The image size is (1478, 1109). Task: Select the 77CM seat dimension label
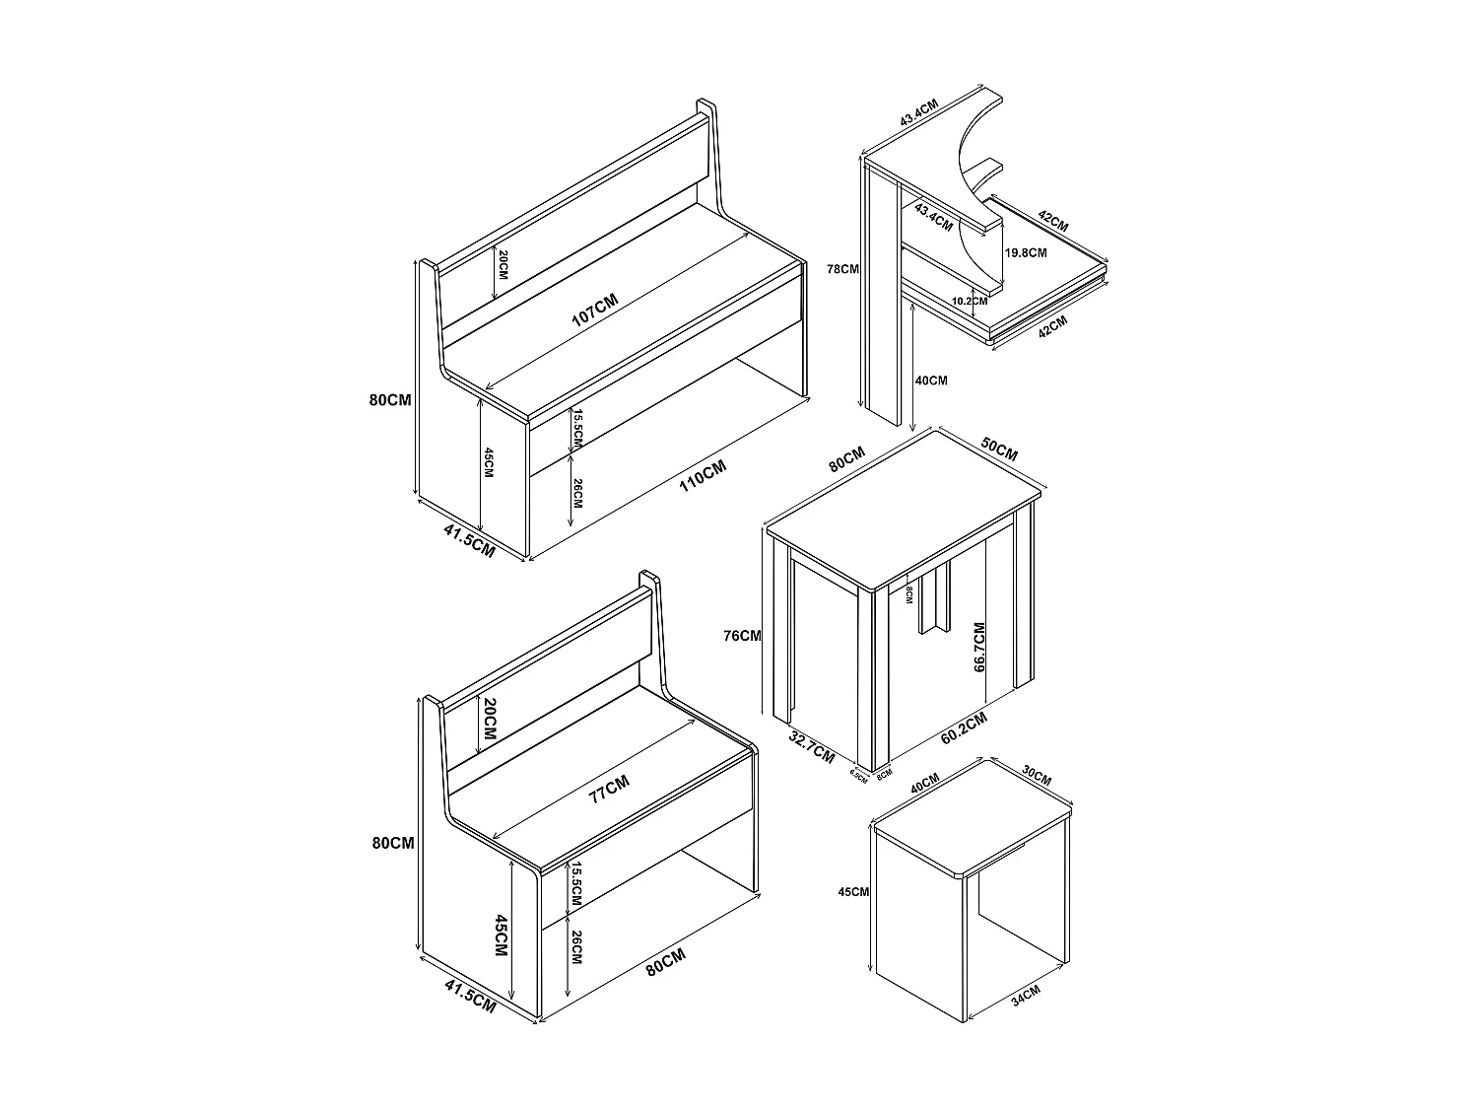tap(608, 790)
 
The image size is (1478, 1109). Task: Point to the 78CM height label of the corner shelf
tap(844, 268)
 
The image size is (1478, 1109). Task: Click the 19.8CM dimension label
tap(1026, 252)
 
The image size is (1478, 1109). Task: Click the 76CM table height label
tap(742, 636)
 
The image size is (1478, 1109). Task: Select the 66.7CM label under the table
tap(979, 647)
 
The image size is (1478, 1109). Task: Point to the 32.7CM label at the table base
tap(813, 746)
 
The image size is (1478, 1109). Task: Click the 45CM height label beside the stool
tap(852, 892)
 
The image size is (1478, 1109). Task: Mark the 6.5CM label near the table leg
tap(858, 776)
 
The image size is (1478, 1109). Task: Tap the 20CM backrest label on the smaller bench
tap(490, 723)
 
